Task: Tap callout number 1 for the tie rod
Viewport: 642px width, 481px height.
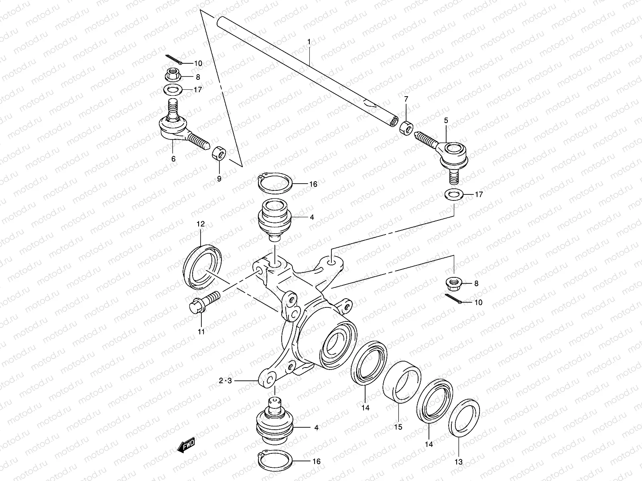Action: coord(309,42)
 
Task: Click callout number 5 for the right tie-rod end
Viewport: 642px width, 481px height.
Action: coord(445,120)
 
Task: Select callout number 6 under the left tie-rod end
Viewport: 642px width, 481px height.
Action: coord(173,159)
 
